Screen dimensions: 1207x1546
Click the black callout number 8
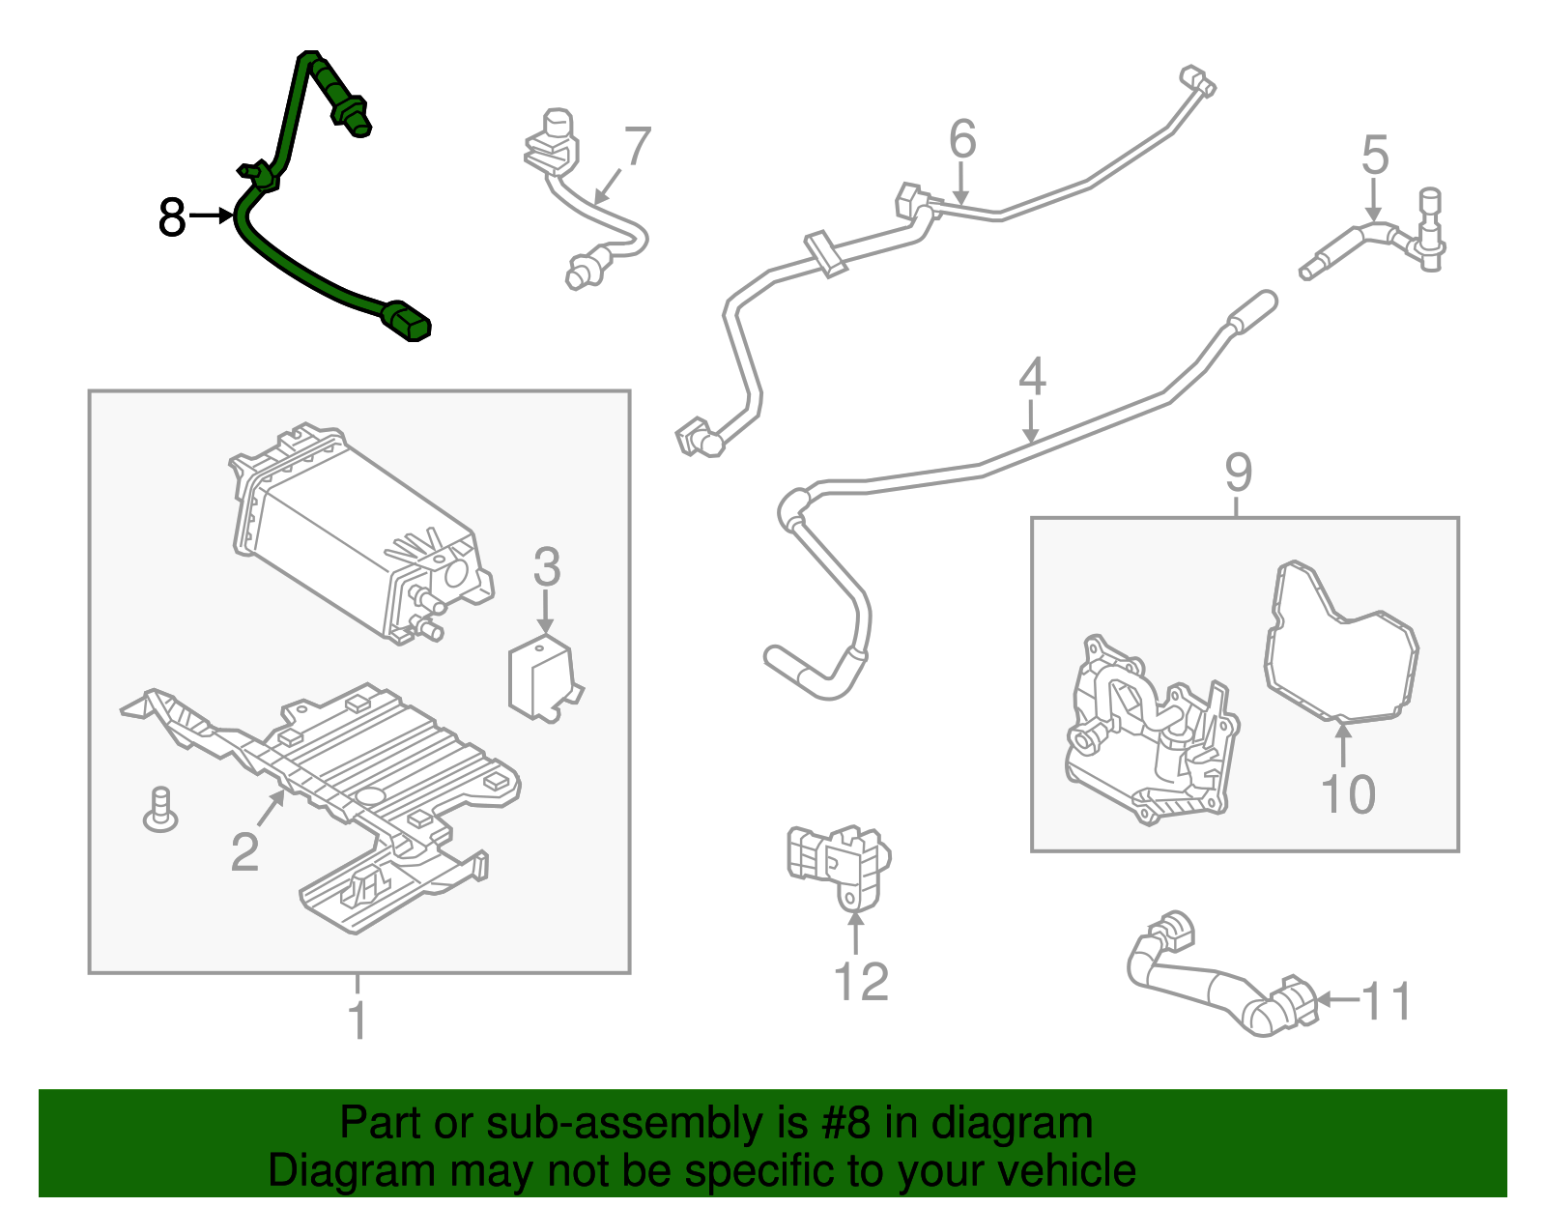coord(172,217)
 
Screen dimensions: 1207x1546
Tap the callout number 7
coord(638,148)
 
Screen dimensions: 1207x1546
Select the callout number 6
coord(961,139)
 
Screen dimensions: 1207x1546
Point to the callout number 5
coord(1375,156)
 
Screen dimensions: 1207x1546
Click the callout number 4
coord(1032,377)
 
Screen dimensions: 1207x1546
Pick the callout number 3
coord(546,568)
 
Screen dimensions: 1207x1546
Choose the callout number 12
coord(860,983)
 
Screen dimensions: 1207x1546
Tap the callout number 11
coord(1388,1002)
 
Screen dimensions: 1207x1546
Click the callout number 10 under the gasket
coord(1347,795)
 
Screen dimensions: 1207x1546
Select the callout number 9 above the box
coord(1238,473)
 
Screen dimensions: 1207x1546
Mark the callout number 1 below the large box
coord(358,1021)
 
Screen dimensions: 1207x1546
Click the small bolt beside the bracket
coord(160,810)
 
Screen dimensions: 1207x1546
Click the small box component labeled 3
coord(540,676)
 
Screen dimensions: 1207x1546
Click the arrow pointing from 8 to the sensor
coord(211,216)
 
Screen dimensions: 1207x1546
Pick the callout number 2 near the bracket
coord(244,852)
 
